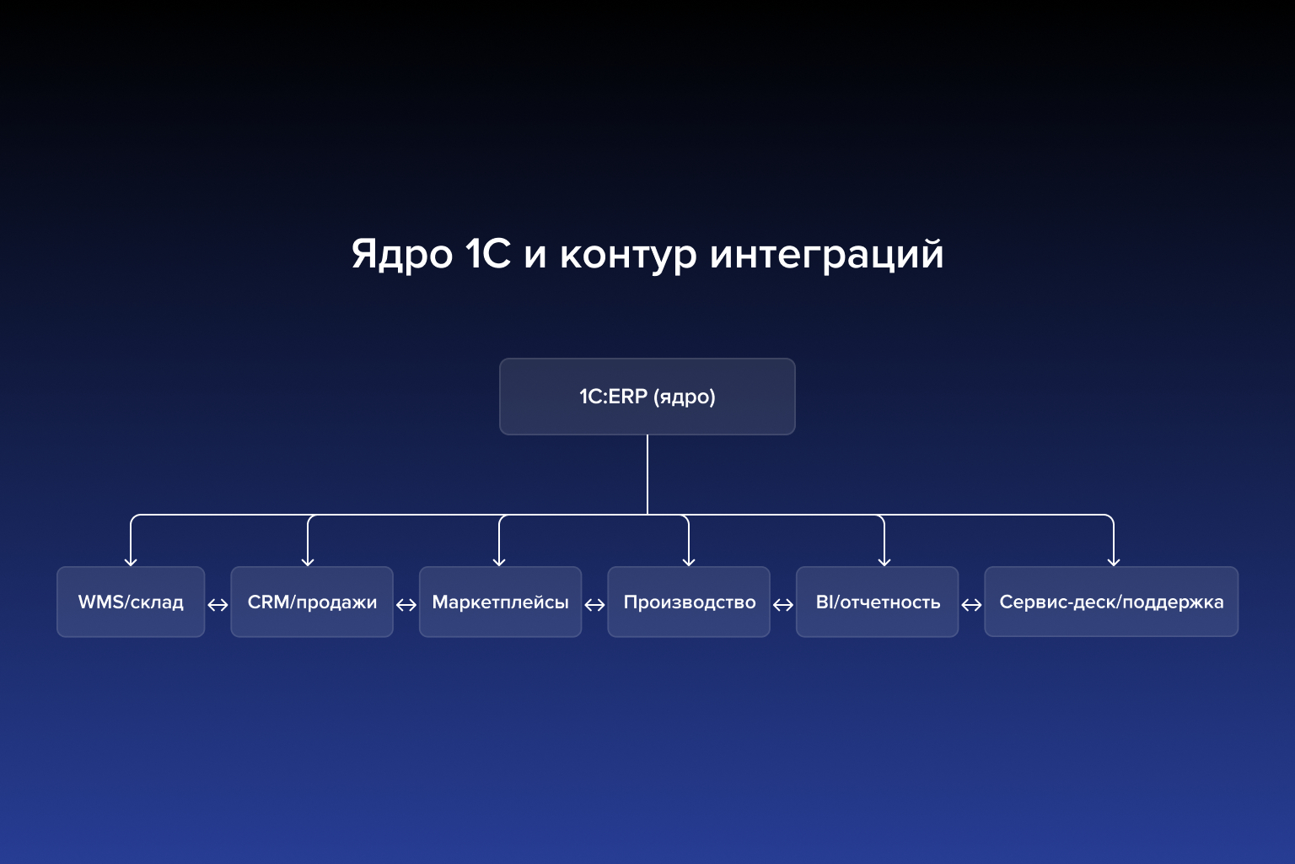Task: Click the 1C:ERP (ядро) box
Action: click(x=647, y=397)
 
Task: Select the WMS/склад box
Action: click(x=131, y=602)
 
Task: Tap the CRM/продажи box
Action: click(x=312, y=602)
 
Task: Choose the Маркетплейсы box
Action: click(x=500, y=602)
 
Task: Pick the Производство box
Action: click(x=689, y=602)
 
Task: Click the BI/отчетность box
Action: click(x=877, y=602)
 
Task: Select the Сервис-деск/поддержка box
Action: click(x=1111, y=602)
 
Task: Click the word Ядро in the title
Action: click(x=401, y=254)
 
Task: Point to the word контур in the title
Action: click(x=628, y=254)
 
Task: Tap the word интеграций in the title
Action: click(x=826, y=254)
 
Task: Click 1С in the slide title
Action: click(x=488, y=254)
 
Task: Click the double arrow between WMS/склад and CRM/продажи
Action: click(x=218, y=605)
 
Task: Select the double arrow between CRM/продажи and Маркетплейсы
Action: click(x=406, y=605)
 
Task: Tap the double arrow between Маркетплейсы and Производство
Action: click(x=594, y=605)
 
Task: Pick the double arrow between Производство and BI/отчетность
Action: click(x=783, y=605)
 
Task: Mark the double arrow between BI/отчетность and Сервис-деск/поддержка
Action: click(x=971, y=605)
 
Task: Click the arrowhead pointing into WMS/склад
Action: click(x=131, y=561)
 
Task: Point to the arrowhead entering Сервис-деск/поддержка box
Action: click(x=1114, y=561)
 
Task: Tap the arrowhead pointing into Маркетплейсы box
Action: click(x=499, y=561)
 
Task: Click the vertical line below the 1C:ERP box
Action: click(x=647, y=472)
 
